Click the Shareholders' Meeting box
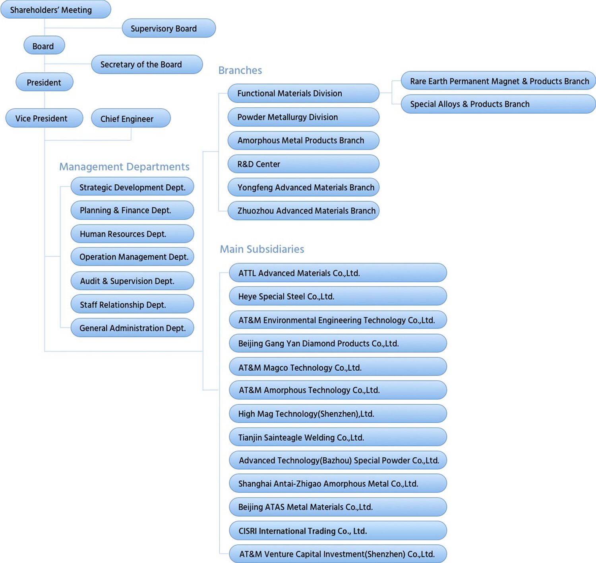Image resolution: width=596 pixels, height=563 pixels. [56, 9]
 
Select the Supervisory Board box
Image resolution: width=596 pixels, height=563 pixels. [168, 28]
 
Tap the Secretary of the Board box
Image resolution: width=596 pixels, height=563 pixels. [147, 64]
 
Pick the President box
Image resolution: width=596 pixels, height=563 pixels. [45, 82]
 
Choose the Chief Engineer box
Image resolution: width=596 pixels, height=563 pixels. [131, 118]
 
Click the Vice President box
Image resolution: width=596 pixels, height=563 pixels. [44, 118]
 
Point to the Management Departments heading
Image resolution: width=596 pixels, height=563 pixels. [124, 166]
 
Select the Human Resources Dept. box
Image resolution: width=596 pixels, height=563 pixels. [132, 234]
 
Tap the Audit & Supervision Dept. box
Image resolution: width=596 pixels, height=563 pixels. [132, 281]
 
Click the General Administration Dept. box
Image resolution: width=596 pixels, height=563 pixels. [132, 328]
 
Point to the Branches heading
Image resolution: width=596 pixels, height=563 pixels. [240, 70]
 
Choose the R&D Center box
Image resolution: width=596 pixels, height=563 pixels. [304, 164]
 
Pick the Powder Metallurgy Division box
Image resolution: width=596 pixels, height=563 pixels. [304, 117]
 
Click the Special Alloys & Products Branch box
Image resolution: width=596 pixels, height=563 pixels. [498, 104]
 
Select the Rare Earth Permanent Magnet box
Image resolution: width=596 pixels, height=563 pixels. [498, 81]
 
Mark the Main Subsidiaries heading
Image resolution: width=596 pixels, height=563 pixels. [262, 249]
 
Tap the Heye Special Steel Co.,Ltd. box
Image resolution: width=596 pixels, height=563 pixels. [338, 296]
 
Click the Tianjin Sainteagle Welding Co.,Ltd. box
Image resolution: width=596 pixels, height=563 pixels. [338, 437]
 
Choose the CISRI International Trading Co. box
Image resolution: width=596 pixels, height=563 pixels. [338, 530]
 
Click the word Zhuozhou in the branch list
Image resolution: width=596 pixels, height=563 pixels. [256, 211]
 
